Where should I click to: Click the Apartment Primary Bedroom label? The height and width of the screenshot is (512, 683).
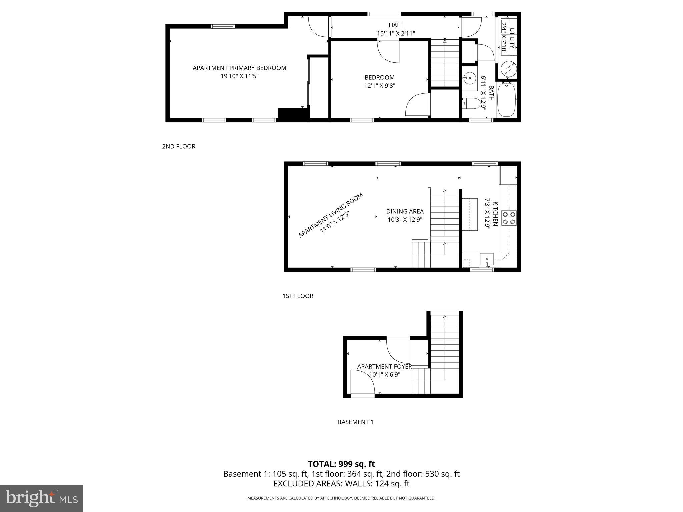pyautogui.click(x=239, y=68)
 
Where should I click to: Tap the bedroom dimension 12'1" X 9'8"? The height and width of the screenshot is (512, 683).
pyautogui.click(x=379, y=86)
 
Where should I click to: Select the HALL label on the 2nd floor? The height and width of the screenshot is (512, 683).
pyautogui.click(x=396, y=25)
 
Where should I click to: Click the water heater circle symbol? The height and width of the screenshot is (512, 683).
pyautogui.click(x=509, y=69)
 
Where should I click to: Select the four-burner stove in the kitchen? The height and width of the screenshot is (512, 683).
pyautogui.click(x=509, y=218)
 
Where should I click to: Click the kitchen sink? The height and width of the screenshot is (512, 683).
pyautogui.click(x=487, y=259)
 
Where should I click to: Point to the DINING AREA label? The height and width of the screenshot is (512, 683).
pyautogui.click(x=405, y=211)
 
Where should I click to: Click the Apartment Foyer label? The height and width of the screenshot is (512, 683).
pyautogui.click(x=384, y=366)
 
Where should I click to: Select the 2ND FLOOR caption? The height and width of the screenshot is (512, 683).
pyautogui.click(x=179, y=146)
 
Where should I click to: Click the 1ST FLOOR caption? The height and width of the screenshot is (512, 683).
pyautogui.click(x=298, y=296)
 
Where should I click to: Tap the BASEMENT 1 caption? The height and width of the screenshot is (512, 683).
pyautogui.click(x=355, y=422)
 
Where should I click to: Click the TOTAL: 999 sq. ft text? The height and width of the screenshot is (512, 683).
pyautogui.click(x=341, y=464)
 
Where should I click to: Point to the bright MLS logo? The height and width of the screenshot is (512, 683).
pyautogui.click(x=42, y=498)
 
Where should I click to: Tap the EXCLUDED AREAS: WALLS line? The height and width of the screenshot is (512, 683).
pyautogui.click(x=341, y=484)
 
